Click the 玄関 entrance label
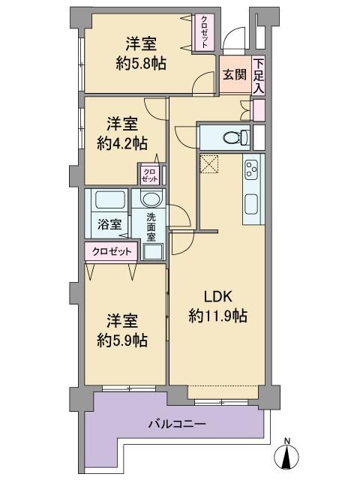point(234,74)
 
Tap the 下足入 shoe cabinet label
point(258,75)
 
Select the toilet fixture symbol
point(236,137)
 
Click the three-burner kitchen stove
point(252,169)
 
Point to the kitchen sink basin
point(252,205)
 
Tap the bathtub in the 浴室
point(110,200)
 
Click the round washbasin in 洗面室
point(151,199)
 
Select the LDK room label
point(218,297)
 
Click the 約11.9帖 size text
point(218,316)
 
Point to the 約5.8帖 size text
point(141,64)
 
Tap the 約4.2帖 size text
point(122,143)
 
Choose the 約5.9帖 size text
point(122,340)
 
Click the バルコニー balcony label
point(177,424)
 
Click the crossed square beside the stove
point(209,164)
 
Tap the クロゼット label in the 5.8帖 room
point(205,32)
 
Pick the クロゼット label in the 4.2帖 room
point(150,175)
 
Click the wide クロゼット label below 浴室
point(112,252)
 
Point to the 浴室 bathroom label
point(109,225)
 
